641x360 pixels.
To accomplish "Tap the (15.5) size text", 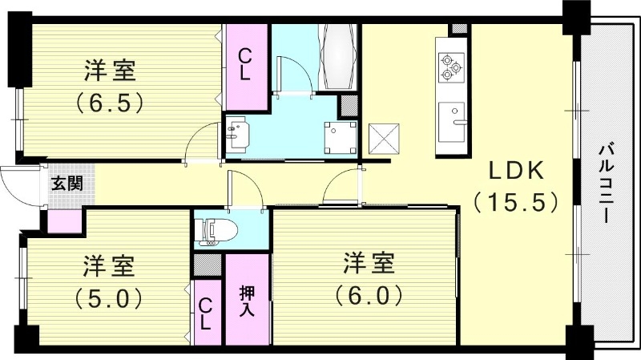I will pyautogui.click(x=514, y=201).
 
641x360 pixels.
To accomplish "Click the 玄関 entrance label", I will pyautogui.click(x=67, y=183).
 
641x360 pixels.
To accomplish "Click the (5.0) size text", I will pyautogui.click(x=110, y=298).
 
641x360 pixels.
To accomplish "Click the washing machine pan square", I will pyautogui.click(x=339, y=136).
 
